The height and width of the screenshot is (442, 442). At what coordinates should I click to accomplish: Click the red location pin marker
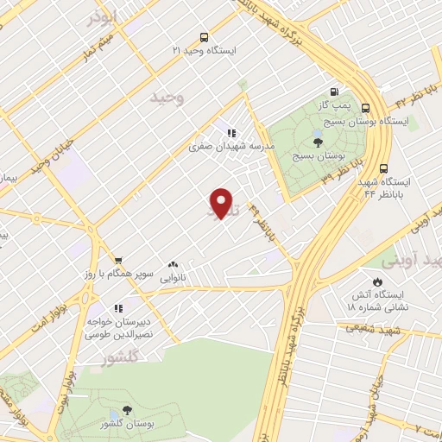coord(223,204)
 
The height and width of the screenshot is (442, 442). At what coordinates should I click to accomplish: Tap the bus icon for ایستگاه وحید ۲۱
coord(204,37)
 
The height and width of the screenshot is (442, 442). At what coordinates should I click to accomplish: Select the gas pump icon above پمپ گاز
coord(334,92)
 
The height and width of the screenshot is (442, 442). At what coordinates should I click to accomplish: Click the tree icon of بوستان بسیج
coord(318,142)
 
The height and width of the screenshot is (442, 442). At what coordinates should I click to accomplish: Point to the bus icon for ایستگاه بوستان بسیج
coord(366,108)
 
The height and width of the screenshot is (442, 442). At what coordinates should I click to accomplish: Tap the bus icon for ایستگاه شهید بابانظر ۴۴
coord(383,169)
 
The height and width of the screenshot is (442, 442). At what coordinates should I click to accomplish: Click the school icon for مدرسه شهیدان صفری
coord(231,133)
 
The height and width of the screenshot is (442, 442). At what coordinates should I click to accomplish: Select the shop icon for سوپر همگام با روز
coord(119,260)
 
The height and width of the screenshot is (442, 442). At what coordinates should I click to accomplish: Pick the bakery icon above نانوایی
coord(174,265)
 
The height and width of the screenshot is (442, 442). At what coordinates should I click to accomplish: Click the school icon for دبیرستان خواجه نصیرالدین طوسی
coord(119,307)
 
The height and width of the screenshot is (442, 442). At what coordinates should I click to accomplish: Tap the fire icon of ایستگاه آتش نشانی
coord(376,281)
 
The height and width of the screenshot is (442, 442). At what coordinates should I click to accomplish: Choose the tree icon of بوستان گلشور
coord(128,411)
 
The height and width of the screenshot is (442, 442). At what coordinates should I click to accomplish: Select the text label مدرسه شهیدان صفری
coord(232,147)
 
